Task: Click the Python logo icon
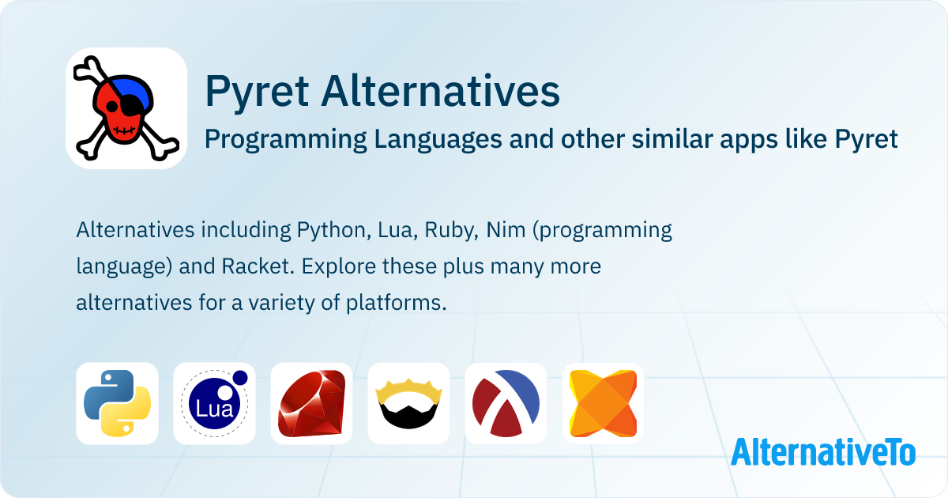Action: click(x=117, y=403)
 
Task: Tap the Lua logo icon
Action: click(x=215, y=403)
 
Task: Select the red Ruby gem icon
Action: click(x=311, y=403)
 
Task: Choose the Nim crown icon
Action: click(x=409, y=404)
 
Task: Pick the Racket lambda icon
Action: click(x=506, y=403)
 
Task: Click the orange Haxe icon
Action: click(x=603, y=403)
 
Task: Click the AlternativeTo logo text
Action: click(x=823, y=451)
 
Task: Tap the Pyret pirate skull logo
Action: click(x=126, y=108)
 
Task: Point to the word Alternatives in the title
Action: click(x=441, y=91)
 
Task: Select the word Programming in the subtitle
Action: click(x=286, y=140)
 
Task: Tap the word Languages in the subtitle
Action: click(x=438, y=140)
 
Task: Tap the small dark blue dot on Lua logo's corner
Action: click(x=240, y=378)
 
